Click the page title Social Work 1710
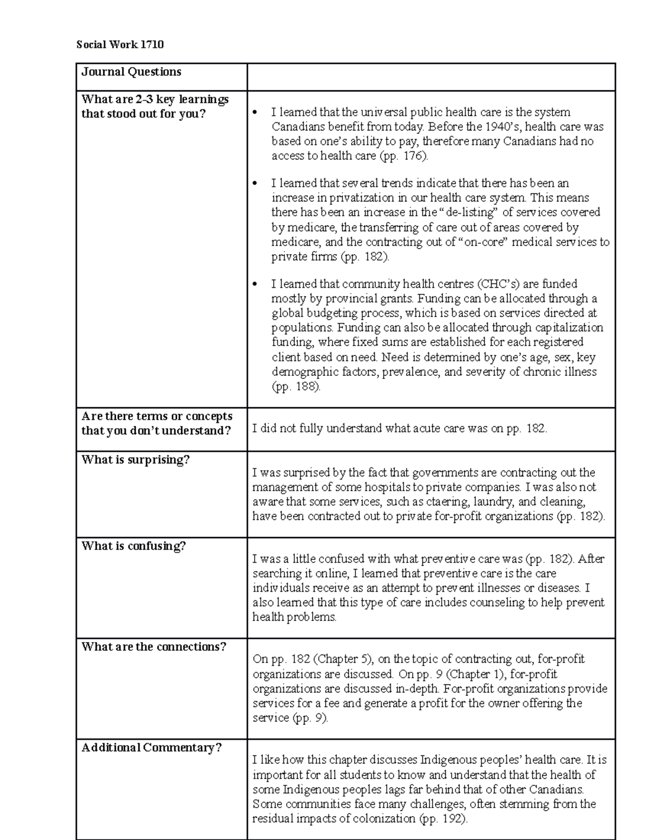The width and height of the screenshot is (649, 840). pyautogui.click(x=120, y=44)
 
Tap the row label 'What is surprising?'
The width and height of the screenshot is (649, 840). pyautogui.click(x=135, y=460)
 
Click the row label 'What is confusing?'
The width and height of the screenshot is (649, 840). pyautogui.click(x=134, y=546)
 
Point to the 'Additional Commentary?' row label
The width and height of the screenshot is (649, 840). pyautogui.click(x=151, y=748)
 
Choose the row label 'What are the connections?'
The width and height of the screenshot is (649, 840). pyautogui.click(x=154, y=647)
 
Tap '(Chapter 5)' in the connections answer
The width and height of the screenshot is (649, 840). pyautogui.click(x=343, y=659)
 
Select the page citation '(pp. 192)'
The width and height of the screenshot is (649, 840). pyautogui.click(x=443, y=819)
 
